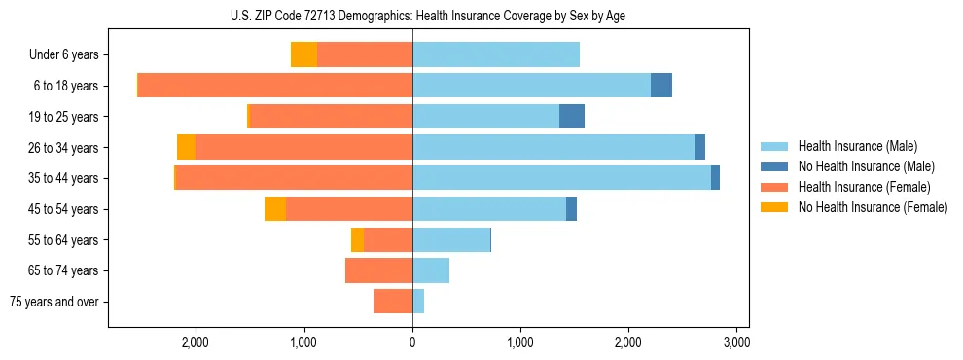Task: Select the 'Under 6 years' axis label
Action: (x=63, y=55)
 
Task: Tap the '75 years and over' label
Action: (x=54, y=302)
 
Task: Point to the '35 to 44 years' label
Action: (x=65, y=178)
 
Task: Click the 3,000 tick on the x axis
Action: (x=736, y=342)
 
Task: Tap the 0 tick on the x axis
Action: (x=412, y=342)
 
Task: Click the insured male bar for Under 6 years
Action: (x=496, y=55)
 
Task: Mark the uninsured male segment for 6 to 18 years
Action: (x=661, y=86)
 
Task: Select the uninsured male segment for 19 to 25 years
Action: (x=572, y=117)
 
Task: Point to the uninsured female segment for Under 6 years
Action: (x=303, y=55)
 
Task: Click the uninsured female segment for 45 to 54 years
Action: (x=275, y=209)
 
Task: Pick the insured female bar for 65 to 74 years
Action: (x=379, y=270)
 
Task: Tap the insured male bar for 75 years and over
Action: (x=418, y=302)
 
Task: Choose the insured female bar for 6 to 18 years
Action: (x=275, y=86)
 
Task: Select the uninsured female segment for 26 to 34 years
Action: (x=186, y=148)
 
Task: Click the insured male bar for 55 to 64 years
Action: (x=451, y=240)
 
